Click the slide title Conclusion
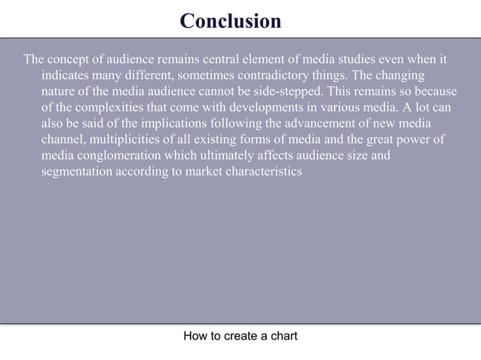pyautogui.click(x=231, y=21)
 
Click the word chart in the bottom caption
pyautogui.click(x=282, y=336)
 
